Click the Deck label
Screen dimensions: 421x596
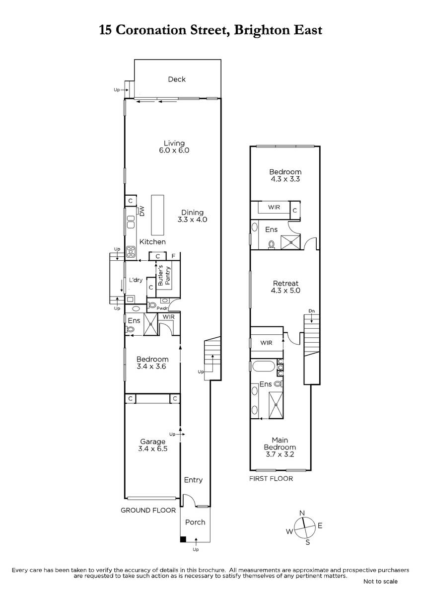[x=177, y=79]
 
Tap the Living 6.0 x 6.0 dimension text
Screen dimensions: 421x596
[x=174, y=150]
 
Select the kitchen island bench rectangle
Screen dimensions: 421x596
[x=157, y=215]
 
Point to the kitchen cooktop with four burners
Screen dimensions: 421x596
[x=131, y=252]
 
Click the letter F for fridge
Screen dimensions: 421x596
[x=173, y=256]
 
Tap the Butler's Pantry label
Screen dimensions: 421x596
[x=164, y=275]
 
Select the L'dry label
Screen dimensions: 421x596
[x=136, y=280]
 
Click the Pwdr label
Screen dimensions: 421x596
[x=162, y=308]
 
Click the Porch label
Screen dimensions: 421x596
[x=195, y=522]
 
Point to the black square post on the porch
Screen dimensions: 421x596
[x=183, y=539]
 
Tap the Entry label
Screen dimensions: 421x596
[x=193, y=480]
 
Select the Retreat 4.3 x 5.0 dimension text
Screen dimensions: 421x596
[x=285, y=291]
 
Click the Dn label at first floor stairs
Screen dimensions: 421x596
[x=311, y=311]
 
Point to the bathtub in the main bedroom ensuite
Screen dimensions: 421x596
[x=263, y=366]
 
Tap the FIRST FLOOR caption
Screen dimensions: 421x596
[x=271, y=479]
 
